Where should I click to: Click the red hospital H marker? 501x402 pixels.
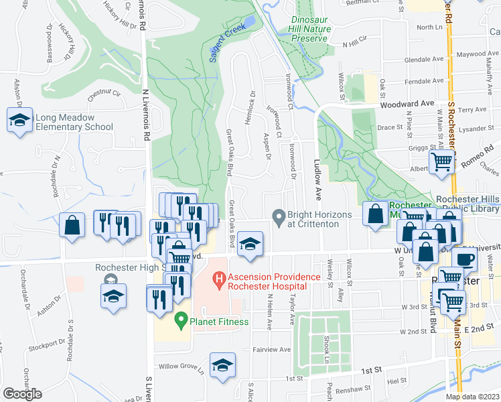(x=218, y=277)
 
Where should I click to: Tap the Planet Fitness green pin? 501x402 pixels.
(x=180, y=320)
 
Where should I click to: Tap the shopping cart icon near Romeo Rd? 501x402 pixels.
(x=441, y=161)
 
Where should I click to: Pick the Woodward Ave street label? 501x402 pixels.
(x=407, y=105)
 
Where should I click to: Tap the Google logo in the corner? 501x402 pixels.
(x=22, y=394)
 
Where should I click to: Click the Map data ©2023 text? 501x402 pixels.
(x=472, y=397)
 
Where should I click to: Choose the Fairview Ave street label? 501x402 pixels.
(x=271, y=350)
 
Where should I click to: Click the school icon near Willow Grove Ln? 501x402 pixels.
(x=222, y=365)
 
